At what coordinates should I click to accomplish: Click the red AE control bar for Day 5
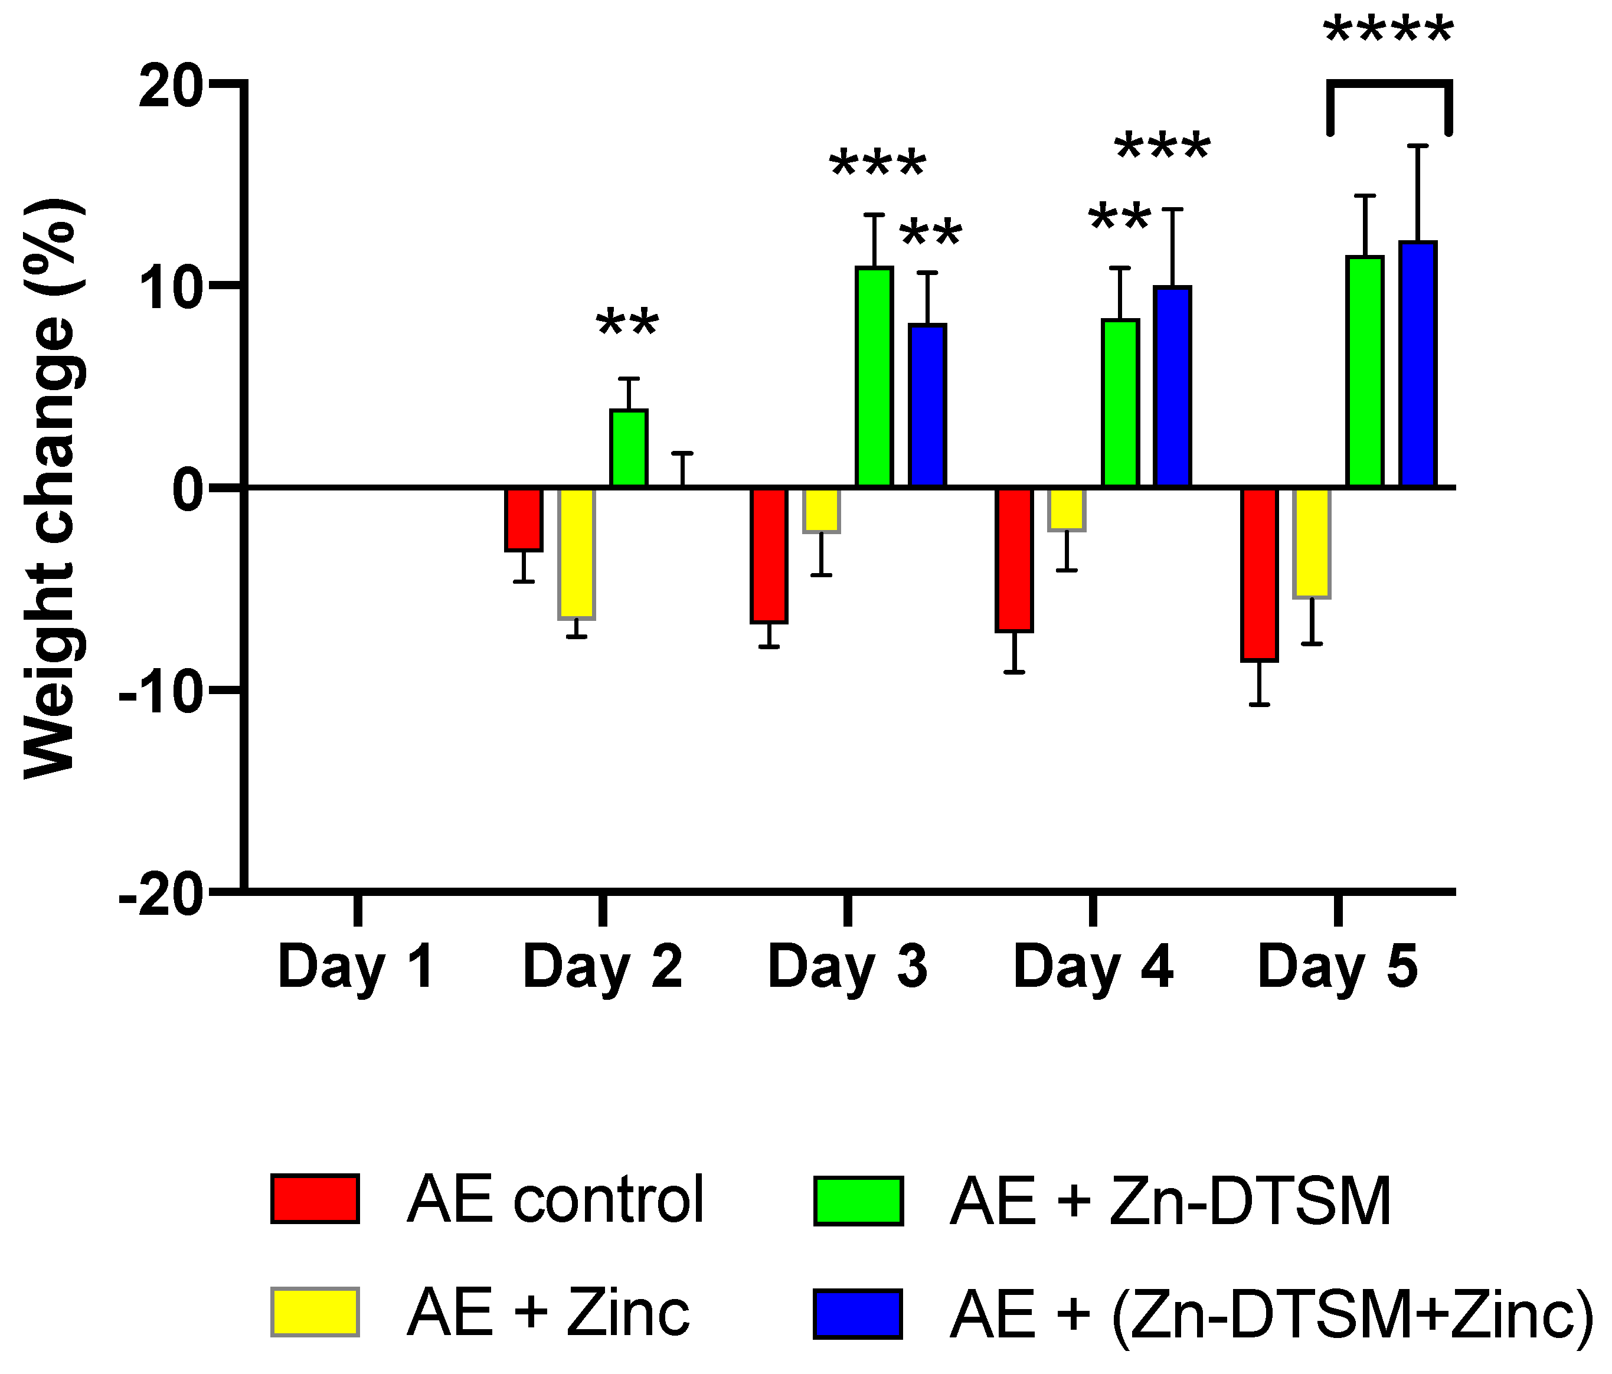pos(1260,574)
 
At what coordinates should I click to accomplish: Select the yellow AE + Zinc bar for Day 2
pos(577,553)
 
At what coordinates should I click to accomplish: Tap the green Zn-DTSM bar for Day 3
pos(874,377)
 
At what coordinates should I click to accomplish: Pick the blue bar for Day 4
pos(1172,387)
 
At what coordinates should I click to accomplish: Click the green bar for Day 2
pos(629,448)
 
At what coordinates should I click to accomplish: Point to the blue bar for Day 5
pos(1417,364)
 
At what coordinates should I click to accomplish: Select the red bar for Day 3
pos(769,555)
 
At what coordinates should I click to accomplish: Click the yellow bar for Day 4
pos(1067,509)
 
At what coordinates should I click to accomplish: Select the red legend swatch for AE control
pos(315,1199)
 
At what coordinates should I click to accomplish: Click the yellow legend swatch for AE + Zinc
pos(315,1313)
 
